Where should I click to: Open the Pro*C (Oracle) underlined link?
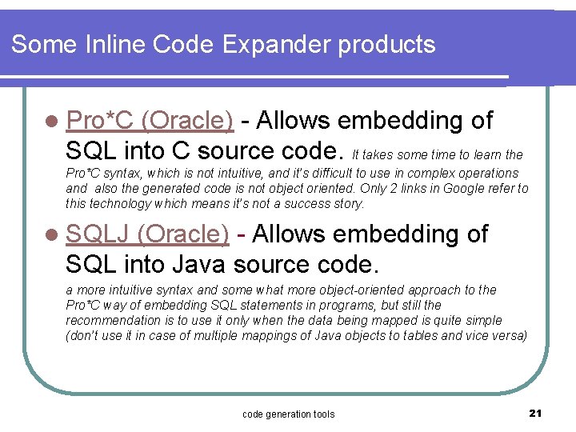pos(150,120)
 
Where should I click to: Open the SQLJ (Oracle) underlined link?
pos(148,234)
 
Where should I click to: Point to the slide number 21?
pos(535,413)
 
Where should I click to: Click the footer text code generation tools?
pos(288,414)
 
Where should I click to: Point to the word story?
pos(350,204)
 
